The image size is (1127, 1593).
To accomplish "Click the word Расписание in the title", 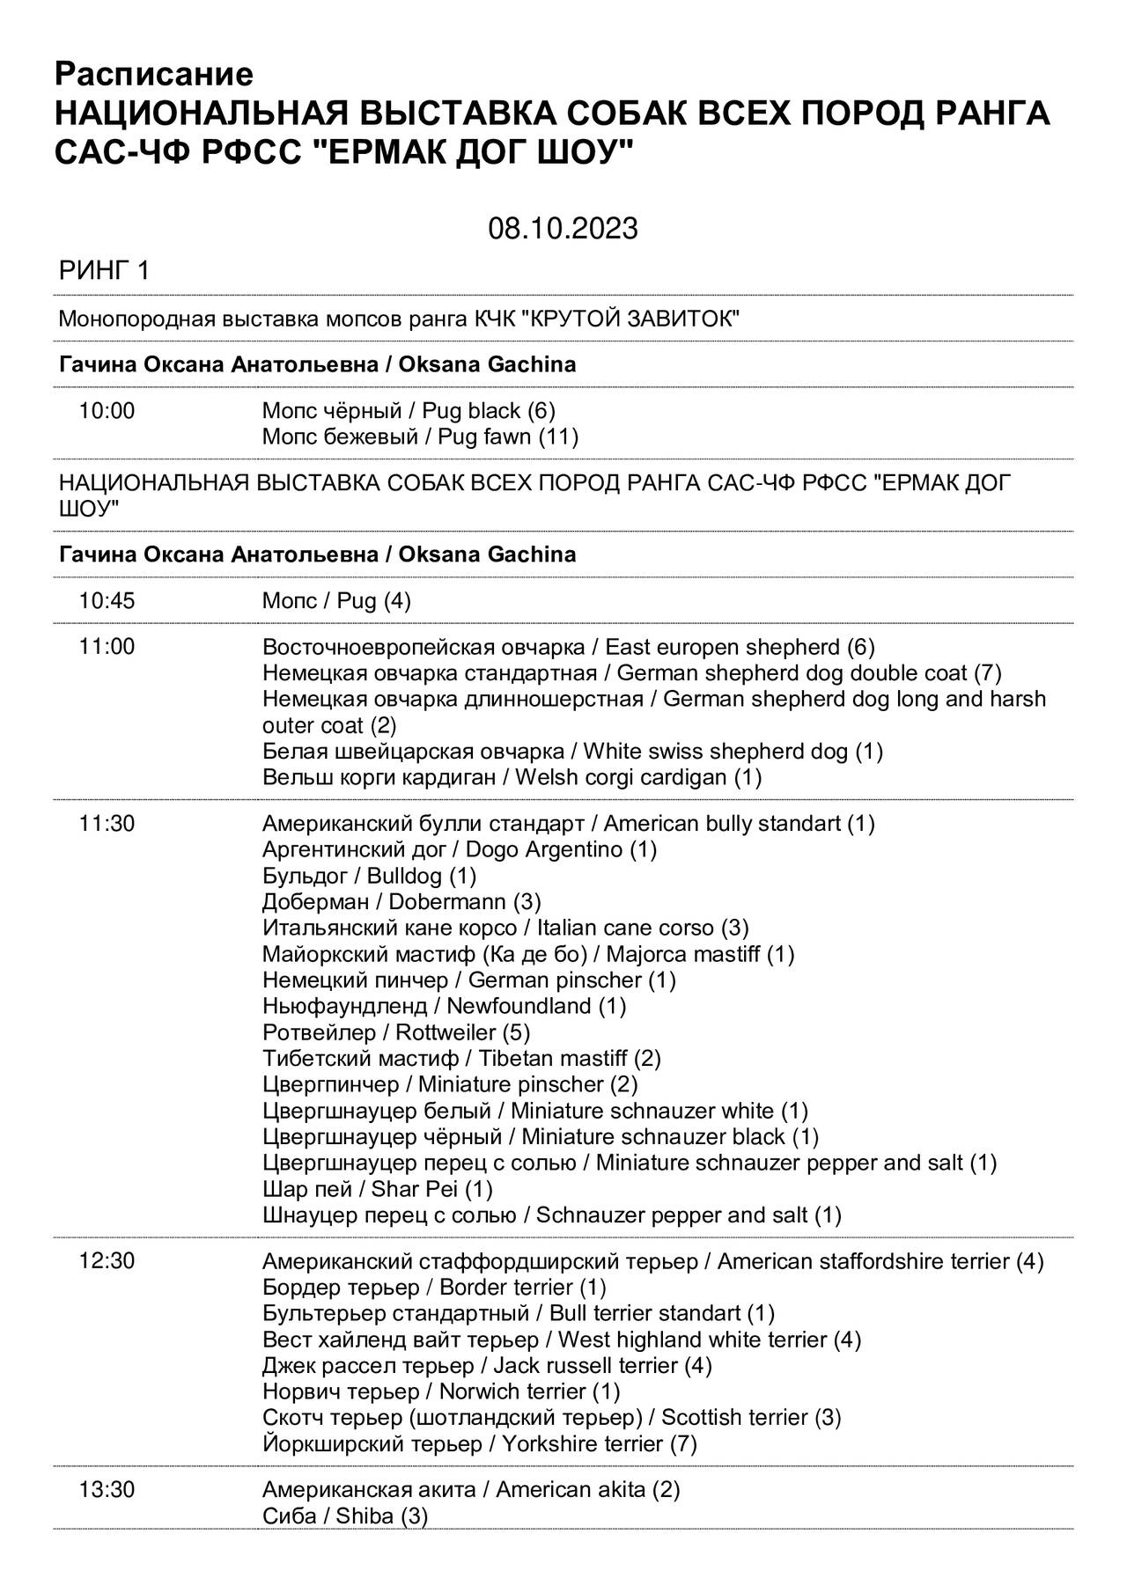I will tap(154, 74).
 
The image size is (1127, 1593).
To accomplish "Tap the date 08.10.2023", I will tap(563, 229).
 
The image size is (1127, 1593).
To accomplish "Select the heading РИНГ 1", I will tap(104, 271).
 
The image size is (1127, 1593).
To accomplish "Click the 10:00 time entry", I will tap(107, 411).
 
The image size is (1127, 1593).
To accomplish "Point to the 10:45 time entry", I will tap(107, 601).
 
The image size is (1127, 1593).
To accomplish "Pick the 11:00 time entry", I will tap(107, 648).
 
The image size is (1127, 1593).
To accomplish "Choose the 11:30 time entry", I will tap(107, 824).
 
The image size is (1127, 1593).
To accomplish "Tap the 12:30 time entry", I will tap(107, 1261).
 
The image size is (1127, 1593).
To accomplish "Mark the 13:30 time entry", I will tap(107, 1490).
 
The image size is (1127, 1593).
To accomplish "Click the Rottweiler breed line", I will tap(396, 1032).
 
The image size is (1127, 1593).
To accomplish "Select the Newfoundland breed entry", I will tap(444, 1006).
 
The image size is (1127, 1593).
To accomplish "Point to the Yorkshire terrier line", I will tap(480, 1444).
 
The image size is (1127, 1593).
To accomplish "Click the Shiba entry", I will tap(345, 1516).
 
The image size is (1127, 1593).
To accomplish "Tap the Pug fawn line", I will tap(420, 437).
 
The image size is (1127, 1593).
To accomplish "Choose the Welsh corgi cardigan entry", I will tap(512, 778).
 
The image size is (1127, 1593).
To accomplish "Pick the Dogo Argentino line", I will tap(460, 850).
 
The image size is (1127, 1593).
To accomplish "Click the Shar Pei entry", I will tap(378, 1190).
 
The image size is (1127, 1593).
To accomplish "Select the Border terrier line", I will tap(434, 1288).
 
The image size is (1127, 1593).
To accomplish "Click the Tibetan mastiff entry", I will tap(461, 1059).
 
